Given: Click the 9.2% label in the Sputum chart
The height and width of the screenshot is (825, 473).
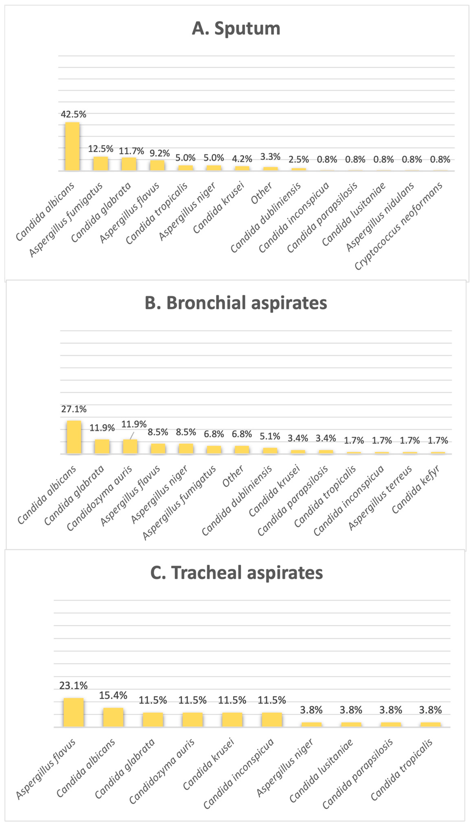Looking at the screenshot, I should (160, 153).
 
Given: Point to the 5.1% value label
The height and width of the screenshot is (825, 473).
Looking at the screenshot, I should (270, 436).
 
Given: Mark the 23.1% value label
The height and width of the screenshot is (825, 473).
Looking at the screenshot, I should (73, 685).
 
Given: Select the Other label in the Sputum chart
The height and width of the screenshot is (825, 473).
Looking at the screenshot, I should (262, 193).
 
